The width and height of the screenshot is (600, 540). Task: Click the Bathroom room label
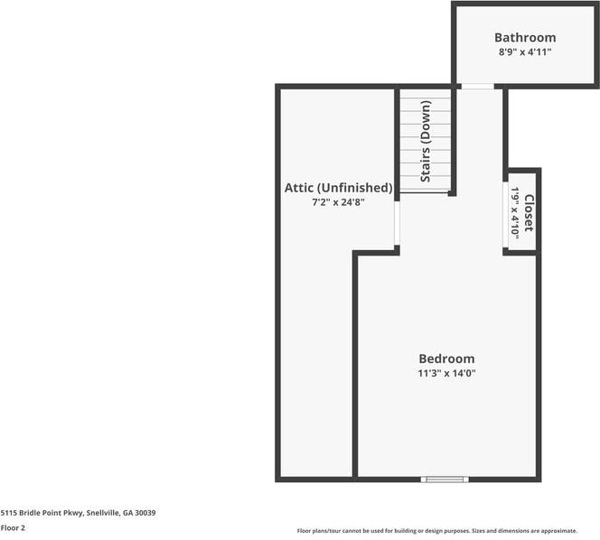pyautogui.click(x=525, y=38)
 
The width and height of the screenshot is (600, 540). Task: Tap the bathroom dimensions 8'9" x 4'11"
pyautogui.click(x=525, y=52)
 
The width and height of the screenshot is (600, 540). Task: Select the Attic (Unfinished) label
pyautogui.click(x=338, y=188)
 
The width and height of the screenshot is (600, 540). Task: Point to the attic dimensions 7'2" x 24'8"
pyautogui.click(x=338, y=202)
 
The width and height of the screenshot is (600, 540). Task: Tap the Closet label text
pyautogui.click(x=529, y=213)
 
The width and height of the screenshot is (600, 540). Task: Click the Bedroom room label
pyautogui.click(x=446, y=358)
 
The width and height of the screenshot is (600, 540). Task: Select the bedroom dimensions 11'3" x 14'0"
pyautogui.click(x=446, y=373)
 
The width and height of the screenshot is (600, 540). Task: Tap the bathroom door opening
pyautogui.click(x=477, y=87)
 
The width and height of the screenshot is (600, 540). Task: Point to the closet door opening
pyautogui.click(x=505, y=215)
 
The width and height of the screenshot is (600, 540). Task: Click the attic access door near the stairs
pyautogui.click(x=397, y=222)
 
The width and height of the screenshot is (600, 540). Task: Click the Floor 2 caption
pyautogui.click(x=13, y=527)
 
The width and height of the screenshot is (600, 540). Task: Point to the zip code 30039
pyautogui.click(x=145, y=513)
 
